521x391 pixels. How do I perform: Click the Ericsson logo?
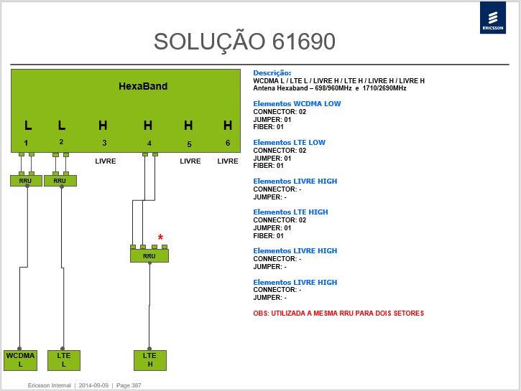(493, 17)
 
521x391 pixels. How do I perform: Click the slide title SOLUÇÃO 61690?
(244, 42)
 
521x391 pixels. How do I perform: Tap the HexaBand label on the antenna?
(143, 86)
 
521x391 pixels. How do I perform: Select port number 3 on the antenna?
(104, 143)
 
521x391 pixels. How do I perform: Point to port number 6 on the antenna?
(228, 143)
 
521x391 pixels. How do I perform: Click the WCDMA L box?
(20, 360)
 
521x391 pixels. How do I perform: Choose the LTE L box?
(64, 360)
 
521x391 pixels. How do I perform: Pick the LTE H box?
(150, 360)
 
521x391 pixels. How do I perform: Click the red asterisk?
(160, 237)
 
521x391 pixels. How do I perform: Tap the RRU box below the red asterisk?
(149, 255)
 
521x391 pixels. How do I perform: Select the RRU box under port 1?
(26, 181)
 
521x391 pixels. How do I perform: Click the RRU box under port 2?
(60, 181)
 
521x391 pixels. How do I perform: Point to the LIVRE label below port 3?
(106, 161)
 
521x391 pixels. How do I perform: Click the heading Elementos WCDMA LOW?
(297, 104)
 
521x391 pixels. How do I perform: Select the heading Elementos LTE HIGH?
(290, 212)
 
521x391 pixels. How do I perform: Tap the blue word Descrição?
(272, 73)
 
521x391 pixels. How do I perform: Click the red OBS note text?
(338, 314)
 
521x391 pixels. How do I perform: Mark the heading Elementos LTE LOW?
(289, 143)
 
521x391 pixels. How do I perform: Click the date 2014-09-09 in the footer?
(93, 385)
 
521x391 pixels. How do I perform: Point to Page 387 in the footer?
(129, 385)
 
